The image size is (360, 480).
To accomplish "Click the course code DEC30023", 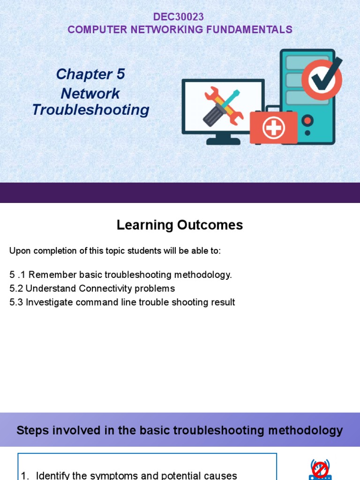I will click(x=179, y=17).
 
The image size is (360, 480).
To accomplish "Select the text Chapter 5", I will click(x=90, y=74).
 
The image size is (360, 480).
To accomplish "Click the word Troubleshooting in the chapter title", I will click(x=90, y=110).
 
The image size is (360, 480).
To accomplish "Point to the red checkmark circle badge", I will click(x=322, y=79).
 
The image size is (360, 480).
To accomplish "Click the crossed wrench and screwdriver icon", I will click(x=223, y=107).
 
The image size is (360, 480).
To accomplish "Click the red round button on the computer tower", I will click(x=307, y=121).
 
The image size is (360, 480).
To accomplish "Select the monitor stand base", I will click(x=223, y=141).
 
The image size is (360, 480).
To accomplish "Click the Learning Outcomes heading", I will click(x=180, y=225).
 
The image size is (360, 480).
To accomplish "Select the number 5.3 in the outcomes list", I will click(x=16, y=302).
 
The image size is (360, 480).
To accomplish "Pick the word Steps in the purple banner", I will click(x=31, y=430).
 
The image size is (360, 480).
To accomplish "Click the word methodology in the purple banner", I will click(x=307, y=430).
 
